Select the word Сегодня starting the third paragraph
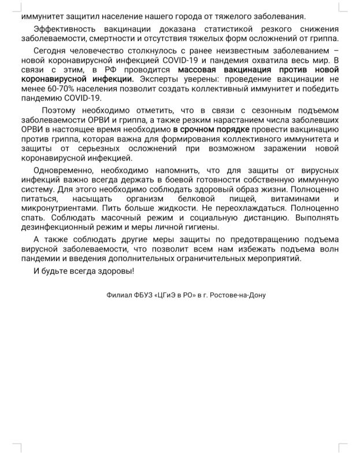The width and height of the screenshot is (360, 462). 50,50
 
